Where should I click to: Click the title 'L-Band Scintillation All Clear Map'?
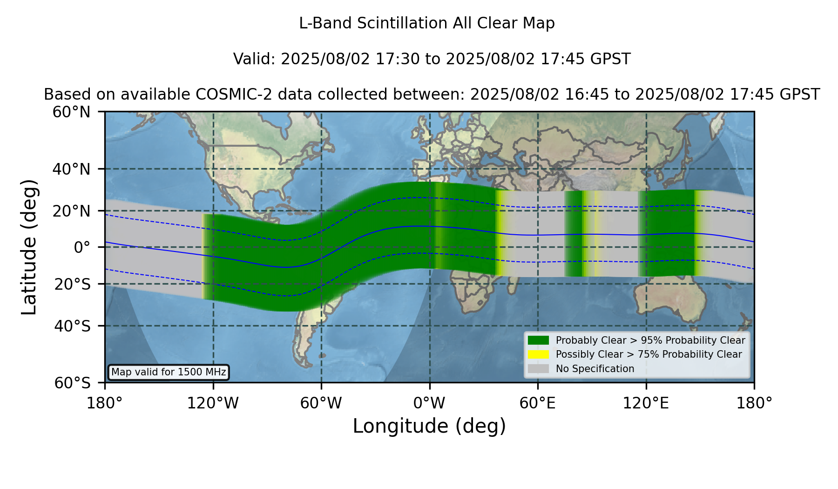426,23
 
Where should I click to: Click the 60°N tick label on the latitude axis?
72,112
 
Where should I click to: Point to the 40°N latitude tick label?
72,169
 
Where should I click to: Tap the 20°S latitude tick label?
73,284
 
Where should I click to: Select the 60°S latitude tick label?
73,383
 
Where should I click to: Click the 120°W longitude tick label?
213,403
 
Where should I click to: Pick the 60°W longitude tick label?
321,403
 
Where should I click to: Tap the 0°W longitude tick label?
429,403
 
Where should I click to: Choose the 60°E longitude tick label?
538,403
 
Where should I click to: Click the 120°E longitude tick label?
646,403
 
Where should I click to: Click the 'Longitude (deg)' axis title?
429,427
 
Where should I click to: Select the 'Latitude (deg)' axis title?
29,247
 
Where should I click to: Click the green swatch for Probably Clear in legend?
538,340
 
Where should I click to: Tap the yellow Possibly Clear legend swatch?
538,354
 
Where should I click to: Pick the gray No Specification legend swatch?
538,369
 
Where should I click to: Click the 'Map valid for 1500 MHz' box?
169,372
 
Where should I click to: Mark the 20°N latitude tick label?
72,211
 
